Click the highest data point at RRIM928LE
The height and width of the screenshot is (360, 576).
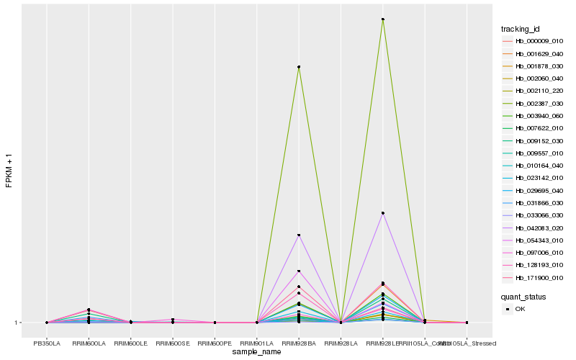click(383, 19)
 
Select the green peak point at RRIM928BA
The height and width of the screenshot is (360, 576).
click(299, 67)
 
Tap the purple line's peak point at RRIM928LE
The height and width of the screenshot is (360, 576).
click(383, 213)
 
